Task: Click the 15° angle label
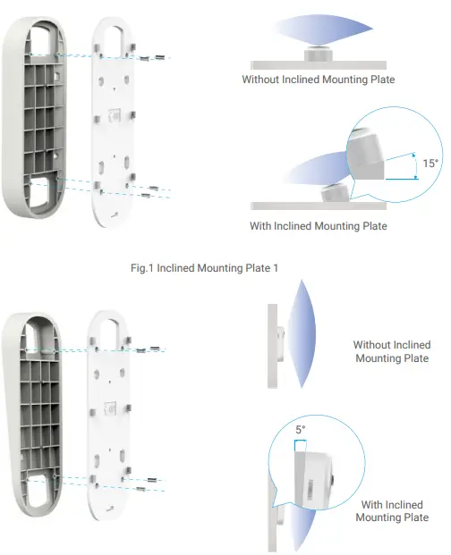click(430, 164)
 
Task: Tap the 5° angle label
click(301, 430)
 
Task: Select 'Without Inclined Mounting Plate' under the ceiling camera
click(318, 80)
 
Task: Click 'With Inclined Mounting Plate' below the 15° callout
click(318, 226)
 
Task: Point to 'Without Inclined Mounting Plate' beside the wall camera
click(392, 351)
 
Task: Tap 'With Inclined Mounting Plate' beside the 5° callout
click(392, 511)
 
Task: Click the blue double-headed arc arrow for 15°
click(416, 164)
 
